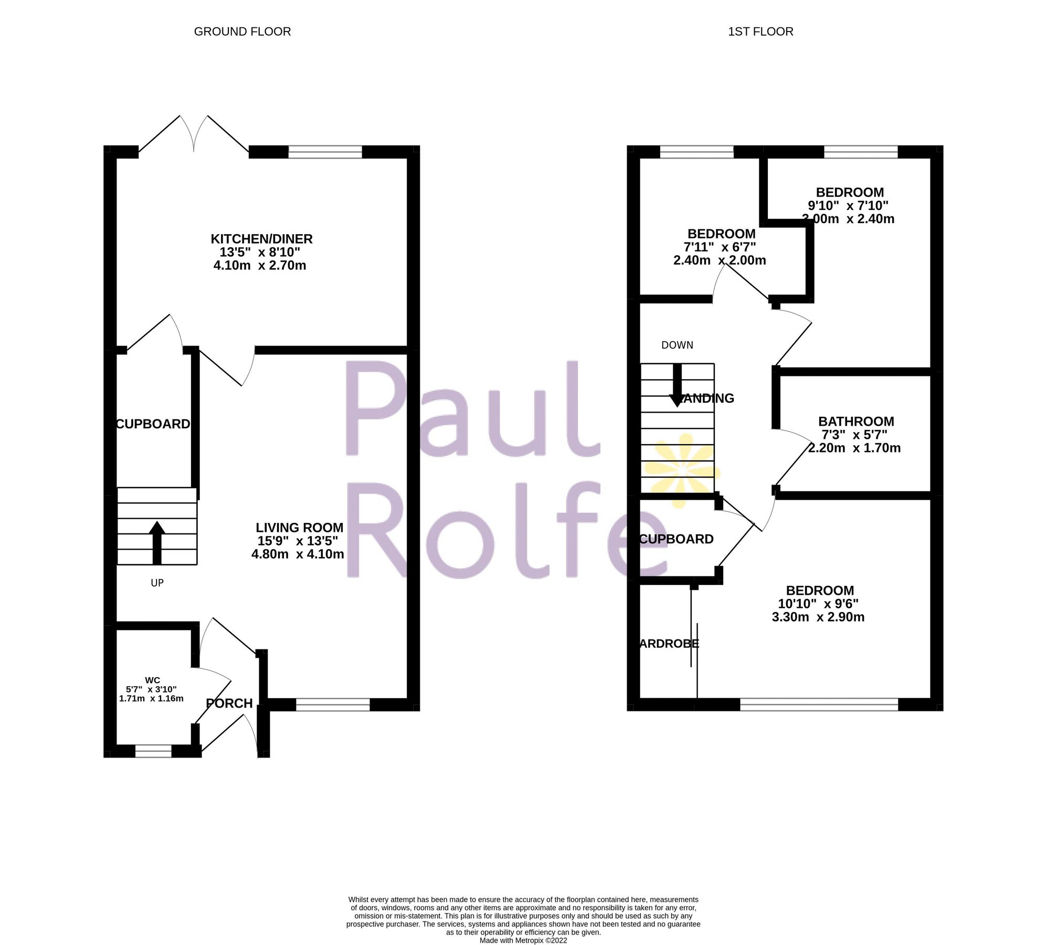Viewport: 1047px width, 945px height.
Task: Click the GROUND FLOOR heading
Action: point(242,31)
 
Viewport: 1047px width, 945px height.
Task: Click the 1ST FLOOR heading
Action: point(760,31)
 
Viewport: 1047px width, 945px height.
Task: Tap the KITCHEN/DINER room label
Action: point(261,239)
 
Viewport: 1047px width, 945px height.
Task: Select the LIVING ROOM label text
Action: point(299,528)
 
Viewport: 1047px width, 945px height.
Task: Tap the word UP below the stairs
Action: point(157,583)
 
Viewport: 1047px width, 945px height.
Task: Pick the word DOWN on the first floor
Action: point(677,345)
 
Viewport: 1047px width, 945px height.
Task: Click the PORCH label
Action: point(229,703)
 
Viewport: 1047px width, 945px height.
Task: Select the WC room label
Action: point(152,680)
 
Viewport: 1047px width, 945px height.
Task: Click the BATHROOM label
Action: point(856,421)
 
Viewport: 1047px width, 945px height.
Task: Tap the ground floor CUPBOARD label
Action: point(153,424)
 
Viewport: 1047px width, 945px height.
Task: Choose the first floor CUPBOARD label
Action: point(676,539)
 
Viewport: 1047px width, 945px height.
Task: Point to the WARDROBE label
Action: point(669,643)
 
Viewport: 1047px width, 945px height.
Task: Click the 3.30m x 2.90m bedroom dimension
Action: point(818,617)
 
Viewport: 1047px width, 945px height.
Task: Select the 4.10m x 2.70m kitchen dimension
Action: point(260,265)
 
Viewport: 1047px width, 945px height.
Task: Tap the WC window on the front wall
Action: point(153,751)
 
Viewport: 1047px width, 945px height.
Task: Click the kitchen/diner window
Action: point(325,152)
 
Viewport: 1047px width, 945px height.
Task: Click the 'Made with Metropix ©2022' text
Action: point(523,940)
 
